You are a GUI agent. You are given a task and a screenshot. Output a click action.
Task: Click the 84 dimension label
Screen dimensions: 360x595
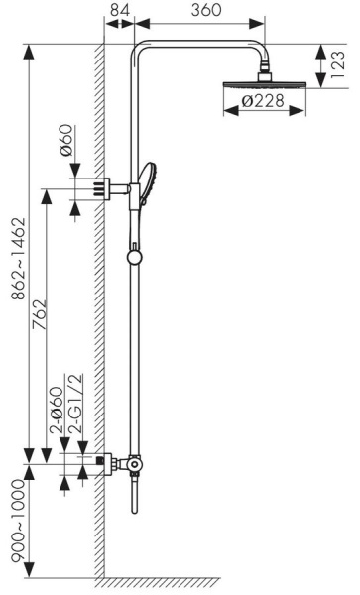coord(120,10)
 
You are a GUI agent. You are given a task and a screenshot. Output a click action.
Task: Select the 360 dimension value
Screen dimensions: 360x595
coord(206,10)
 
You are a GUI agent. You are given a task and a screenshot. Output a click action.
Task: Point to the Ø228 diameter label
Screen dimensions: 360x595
coord(263,101)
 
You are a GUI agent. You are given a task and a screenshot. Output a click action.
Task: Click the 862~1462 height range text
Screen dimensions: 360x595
coord(18,259)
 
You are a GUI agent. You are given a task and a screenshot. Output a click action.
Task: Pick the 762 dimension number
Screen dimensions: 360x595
coord(40,315)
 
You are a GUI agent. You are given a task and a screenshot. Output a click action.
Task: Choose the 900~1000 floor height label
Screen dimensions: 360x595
coord(18,521)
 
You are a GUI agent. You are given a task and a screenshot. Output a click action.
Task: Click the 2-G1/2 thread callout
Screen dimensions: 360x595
coord(76,404)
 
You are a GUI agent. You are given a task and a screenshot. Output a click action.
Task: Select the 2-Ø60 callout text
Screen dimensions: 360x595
coord(57,410)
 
